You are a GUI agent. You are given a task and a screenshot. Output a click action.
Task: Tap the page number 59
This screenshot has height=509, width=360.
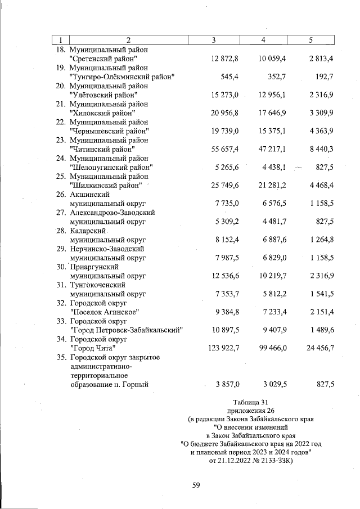point(196,487)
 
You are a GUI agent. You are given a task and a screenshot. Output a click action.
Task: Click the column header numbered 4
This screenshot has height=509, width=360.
point(263,39)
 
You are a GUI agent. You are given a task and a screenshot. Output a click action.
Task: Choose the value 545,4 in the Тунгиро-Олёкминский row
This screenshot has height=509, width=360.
point(229,76)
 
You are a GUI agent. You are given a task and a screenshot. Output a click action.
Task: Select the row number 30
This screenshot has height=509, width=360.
point(61,267)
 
